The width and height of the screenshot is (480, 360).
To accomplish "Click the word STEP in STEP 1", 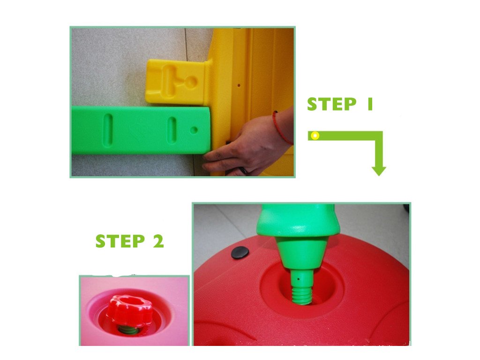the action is pos(331,104).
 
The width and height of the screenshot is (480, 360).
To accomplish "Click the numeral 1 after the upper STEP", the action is pos(370,104).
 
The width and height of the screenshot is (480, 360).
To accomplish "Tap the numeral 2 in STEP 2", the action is pos(158,241).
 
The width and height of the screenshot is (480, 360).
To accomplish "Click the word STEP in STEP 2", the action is pos(120,241).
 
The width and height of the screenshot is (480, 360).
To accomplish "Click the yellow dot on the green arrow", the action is pos(315,135).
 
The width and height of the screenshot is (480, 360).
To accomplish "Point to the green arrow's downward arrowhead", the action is pos(379,171).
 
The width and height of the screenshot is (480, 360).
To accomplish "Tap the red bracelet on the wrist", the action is pos(281,127).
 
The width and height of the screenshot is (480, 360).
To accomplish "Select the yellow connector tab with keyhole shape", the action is pos(176,82).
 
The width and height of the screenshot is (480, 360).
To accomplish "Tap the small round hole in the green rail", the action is pos(194,130).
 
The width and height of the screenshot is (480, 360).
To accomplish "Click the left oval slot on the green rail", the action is pos(108,130).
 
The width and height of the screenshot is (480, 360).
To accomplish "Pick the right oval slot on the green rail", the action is pos(172,130).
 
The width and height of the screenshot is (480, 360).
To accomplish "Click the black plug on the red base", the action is pos(240,253).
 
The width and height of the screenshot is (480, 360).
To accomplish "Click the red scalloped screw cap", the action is pos(129,310).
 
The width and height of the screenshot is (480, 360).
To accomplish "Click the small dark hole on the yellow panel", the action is pos(239,85).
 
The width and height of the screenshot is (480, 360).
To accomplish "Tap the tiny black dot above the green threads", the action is pos(299,279).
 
